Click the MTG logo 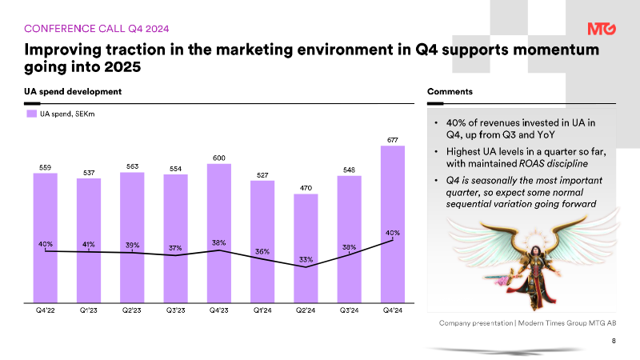(602, 29)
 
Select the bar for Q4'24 (393, 224)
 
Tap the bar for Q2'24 (306, 248)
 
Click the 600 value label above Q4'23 (218, 158)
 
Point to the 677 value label (393, 140)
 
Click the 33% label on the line (306, 259)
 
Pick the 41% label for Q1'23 (89, 244)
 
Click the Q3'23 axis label (175, 310)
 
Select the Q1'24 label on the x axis (262, 310)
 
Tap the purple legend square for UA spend (31, 114)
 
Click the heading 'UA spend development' (73, 91)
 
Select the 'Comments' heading (450, 91)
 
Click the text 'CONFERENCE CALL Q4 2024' (96, 29)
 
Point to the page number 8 (614, 341)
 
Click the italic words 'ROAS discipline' (553, 164)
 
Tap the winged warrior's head (534, 250)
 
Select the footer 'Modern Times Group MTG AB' (567, 323)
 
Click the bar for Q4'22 (46, 238)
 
